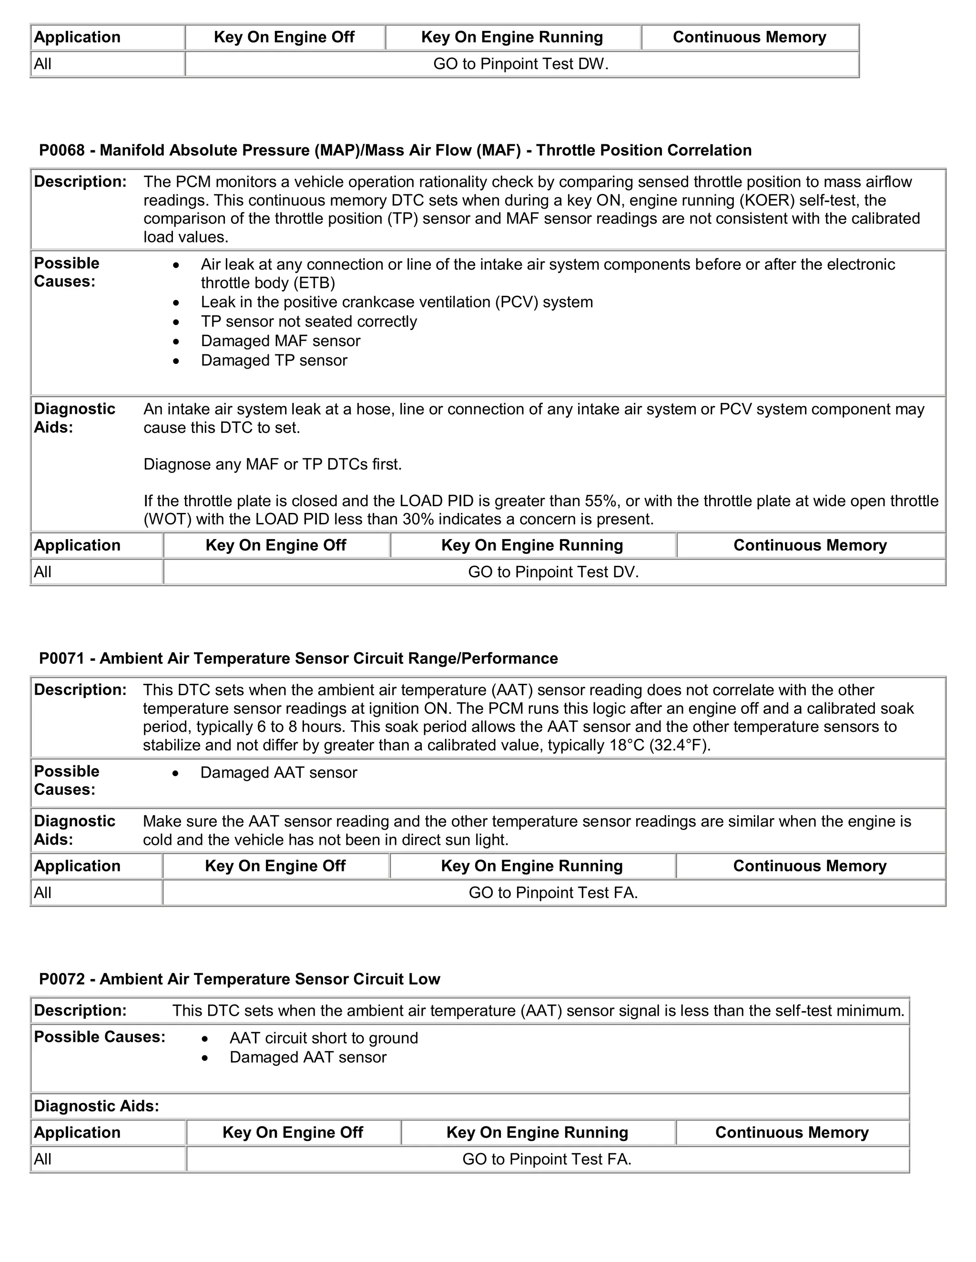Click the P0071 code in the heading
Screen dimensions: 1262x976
click(x=62, y=658)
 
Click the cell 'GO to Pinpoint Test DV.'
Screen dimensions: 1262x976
click(x=553, y=572)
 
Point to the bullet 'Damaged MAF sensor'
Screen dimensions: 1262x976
click(x=280, y=341)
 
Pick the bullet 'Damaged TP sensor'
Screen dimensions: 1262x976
click(x=274, y=361)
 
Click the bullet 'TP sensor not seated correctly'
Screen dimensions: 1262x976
click(x=309, y=322)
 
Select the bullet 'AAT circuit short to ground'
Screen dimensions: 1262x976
click(x=324, y=1038)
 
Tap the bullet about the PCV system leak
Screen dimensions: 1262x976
click(x=396, y=302)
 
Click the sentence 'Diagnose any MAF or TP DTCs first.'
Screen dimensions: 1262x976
click(x=272, y=465)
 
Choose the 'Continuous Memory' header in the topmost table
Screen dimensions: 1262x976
click(x=749, y=38)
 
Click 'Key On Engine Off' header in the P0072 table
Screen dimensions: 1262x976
click(x=293, y=1132)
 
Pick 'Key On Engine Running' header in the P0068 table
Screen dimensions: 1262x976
click(x=532, y=545)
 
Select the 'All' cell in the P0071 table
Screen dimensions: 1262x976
click(x=43, y=893)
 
